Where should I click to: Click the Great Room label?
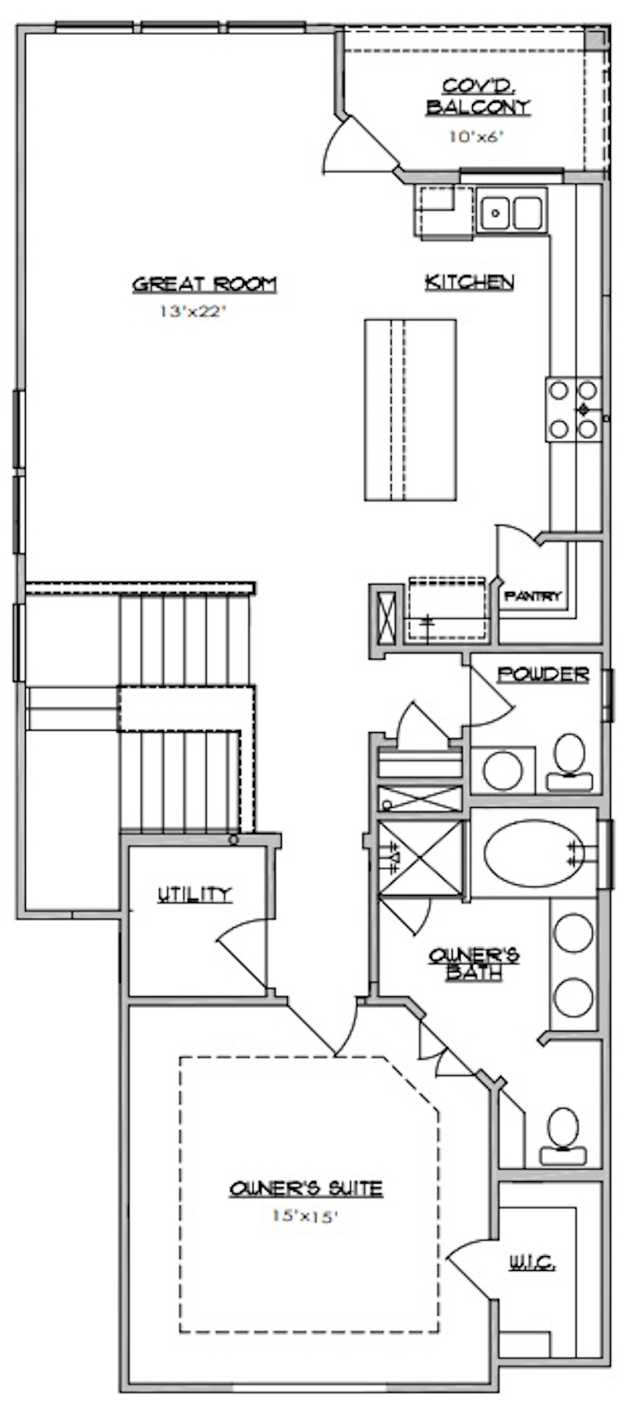(204, 284)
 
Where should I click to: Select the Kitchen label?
(469, 281)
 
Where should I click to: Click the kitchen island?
(410, 409)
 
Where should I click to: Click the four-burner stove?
(574, 409)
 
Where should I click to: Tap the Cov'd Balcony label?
(478, 97)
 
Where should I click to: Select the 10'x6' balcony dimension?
(476, 136)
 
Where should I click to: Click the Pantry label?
(533, 596)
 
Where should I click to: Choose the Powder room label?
(543, 674)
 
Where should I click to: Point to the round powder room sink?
(502, 770)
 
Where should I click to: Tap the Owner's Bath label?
(474, 964)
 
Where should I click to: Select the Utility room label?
(194, 894)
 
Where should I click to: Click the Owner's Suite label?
(306, 1188)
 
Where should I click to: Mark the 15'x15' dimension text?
(305, 1215)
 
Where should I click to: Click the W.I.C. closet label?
(533, 1262)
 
